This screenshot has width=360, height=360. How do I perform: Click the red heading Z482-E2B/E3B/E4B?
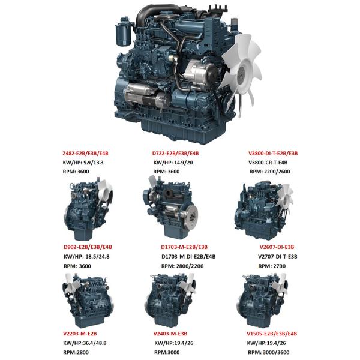(x=85, y=153)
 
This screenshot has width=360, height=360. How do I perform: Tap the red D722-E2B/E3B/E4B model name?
(x=175, y=153)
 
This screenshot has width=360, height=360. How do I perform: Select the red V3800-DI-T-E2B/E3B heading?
(x=273, y=153)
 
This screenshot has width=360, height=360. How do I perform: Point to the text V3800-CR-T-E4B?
(x=268, y=163)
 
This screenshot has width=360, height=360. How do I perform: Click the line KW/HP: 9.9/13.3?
(x=83, y=163)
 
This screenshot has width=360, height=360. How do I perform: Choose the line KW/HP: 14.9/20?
(x=173, y=163)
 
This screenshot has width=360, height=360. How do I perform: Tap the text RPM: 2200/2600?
(x=270, y=172)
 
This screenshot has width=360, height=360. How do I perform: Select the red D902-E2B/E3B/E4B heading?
(x=88, y=247)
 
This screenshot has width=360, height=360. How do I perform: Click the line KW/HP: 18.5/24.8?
(x=86, y=256)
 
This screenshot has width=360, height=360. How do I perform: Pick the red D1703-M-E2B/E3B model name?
(x=184, y=247)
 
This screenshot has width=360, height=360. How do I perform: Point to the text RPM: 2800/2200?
(x=182, y=266)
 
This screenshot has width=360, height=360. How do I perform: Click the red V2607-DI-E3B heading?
(x=277, y=247)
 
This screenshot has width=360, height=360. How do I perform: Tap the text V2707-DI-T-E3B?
(x=278, y=256)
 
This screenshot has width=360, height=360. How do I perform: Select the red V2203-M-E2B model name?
(x=80, y=334)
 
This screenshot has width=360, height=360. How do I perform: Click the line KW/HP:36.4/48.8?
(x=85, y=343)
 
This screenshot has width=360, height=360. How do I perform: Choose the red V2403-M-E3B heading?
(x=170, y=334)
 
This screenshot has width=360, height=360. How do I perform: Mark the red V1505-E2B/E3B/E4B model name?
(x=272, y=334)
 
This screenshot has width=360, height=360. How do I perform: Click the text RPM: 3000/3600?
(x=269, y=352)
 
